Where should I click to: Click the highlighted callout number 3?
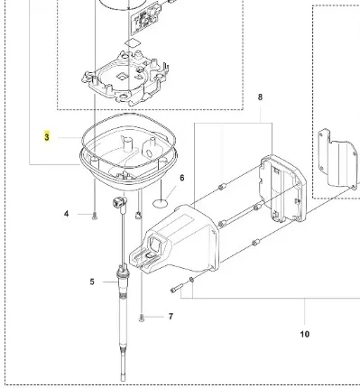tap(47, 138)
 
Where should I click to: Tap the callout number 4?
tap(65, 214)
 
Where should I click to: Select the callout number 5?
tap(91, 282)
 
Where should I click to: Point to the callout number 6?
tap(181, 178)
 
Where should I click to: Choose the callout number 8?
tap(260, 97)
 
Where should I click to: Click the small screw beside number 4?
tap(95, 215)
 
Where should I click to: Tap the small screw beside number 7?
tap(142, 317)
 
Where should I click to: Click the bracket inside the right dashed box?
tap(335, 162)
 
